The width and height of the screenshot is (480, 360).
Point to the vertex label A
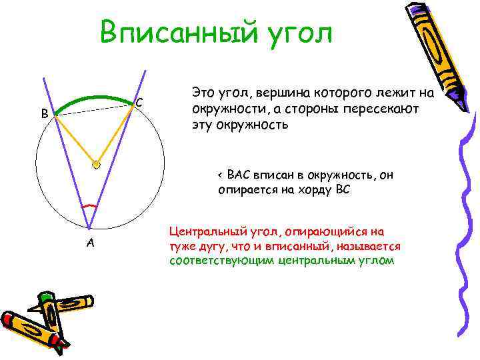point(91,243)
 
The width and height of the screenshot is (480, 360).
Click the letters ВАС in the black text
point(238,175)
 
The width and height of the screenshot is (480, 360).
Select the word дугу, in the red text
point(211,246)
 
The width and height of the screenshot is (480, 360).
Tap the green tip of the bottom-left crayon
point(45,297)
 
